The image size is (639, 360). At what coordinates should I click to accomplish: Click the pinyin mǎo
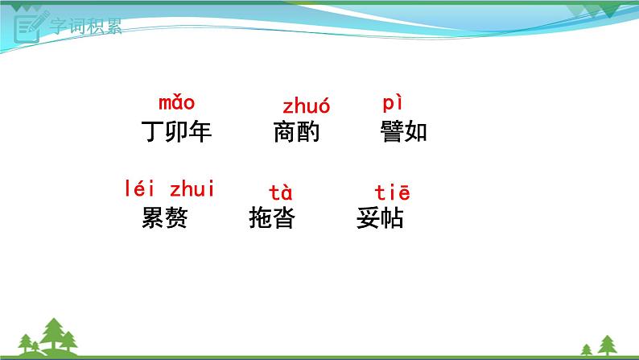point(177,103)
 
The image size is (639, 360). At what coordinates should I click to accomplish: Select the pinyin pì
point(391,104)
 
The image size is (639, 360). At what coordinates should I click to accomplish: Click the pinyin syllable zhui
point(193,190)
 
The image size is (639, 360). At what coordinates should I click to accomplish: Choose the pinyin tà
point(280,193)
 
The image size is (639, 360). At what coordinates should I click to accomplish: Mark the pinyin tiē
point(393,192)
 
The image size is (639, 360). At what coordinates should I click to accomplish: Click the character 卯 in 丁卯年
point(176,131)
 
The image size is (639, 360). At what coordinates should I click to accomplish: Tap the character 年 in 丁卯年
point(200,131)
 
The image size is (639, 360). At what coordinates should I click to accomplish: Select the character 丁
point(152,131)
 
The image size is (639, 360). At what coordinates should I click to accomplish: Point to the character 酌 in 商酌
point(308,131)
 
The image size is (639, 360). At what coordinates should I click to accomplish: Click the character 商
point(285,131)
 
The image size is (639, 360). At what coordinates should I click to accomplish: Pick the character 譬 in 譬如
point(392,131)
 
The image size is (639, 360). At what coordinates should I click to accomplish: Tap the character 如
point(416,131)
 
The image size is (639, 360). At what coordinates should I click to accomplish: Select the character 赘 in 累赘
point(176,217)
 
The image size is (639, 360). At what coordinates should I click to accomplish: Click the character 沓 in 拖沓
point(284,217)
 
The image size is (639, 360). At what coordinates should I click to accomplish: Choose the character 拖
point(261,217)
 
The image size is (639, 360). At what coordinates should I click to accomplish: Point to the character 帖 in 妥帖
point(392,217)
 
